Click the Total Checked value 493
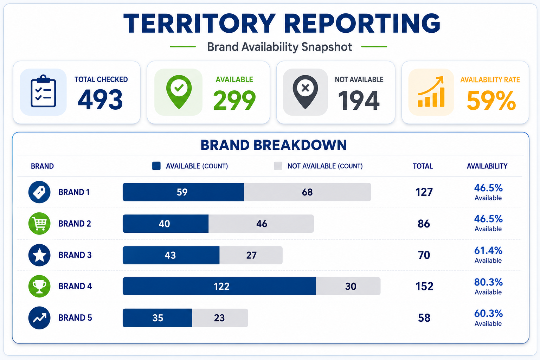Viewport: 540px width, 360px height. click(100, 99)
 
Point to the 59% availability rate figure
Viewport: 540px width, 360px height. click(491, 101)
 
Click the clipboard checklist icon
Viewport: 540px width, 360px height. click(43, 91)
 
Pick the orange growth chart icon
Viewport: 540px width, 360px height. click(431, 92)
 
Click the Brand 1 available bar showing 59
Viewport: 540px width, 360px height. click(183, 192)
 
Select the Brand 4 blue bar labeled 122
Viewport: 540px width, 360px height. click(219, 286)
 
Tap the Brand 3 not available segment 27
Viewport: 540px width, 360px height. click(251, 255)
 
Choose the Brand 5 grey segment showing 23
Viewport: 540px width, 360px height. click(220, 318)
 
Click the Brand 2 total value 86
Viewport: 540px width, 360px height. click(424, 224)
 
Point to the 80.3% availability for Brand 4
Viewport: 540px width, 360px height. click(488, 282)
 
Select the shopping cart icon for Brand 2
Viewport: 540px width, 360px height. click(39, 224)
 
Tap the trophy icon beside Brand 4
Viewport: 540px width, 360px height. click(39, 286)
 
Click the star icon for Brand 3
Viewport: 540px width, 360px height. click(39, 255)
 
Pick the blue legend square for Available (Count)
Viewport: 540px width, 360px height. click(156, 166)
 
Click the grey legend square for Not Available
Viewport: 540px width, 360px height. click(278, 166)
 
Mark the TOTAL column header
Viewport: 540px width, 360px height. click(423, 166)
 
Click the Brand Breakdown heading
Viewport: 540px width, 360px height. click(274, 145)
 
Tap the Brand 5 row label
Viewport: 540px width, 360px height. click(75, 318)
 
